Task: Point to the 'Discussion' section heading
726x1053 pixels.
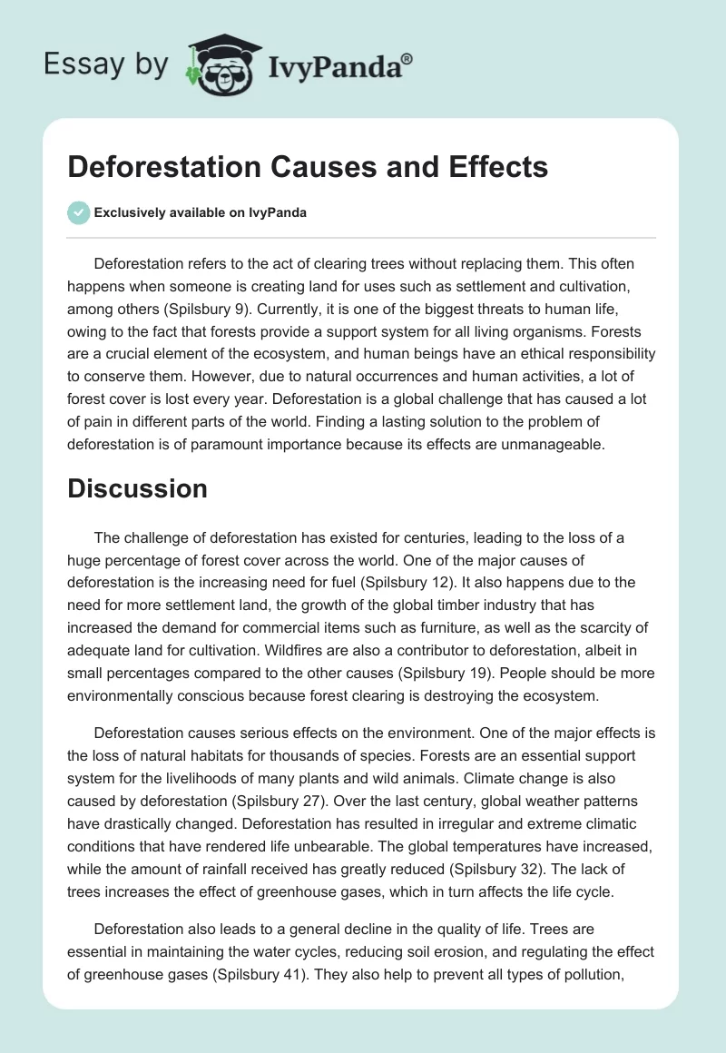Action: pyautogui.click(x=137, y=488)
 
